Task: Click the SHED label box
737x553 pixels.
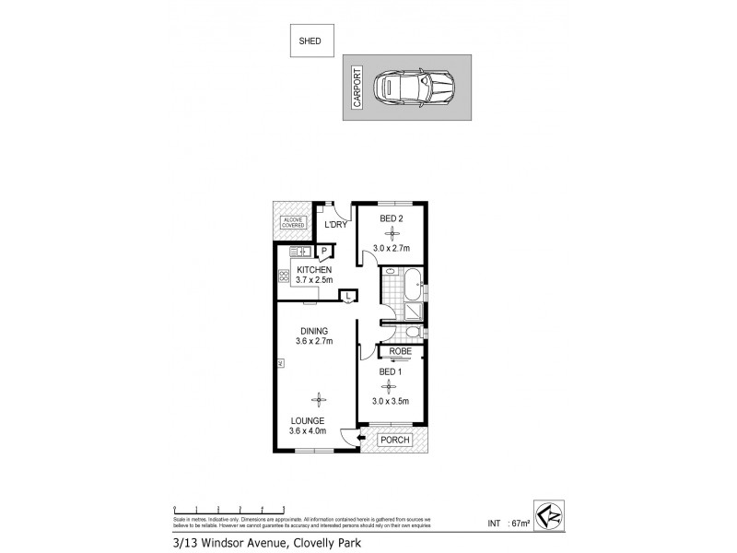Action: (x=310, y=41)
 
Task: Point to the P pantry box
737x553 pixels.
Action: (x=323, y=251)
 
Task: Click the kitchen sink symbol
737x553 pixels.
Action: (x=298, y=251)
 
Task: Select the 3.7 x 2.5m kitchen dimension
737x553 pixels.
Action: (x=312, y=279)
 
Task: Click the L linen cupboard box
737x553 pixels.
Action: (x=347, y=295)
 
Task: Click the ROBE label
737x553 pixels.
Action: (x=400, y=351)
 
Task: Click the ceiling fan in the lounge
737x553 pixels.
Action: (x=319, y=399)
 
